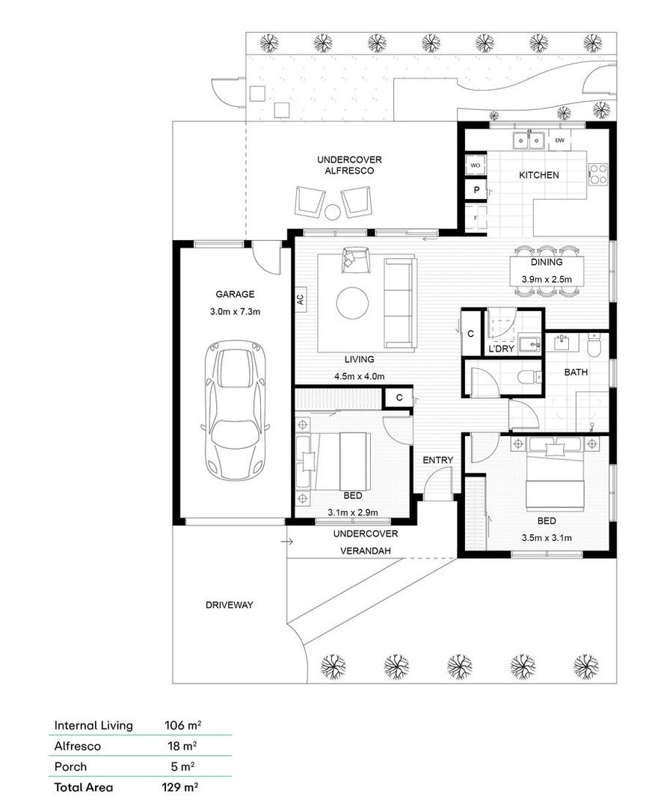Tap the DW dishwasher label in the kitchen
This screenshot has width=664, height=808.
[559, 140]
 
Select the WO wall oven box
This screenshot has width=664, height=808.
[475, 165]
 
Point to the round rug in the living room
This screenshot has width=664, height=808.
[352, 303]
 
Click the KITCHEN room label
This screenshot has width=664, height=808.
[539, 175]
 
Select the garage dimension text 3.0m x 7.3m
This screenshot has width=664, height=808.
[236, 311]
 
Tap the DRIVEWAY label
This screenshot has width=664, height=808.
[229, 605]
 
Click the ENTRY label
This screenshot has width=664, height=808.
[438, 460]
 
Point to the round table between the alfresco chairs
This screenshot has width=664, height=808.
[331, 212]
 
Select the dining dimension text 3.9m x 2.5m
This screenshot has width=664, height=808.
[547, 279]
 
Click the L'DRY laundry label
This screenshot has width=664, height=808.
[501, 349]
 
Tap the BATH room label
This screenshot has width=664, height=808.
[576, 372]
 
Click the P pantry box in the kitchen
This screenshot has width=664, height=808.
[476, 191]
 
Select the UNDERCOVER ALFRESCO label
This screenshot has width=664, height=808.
[349, 165]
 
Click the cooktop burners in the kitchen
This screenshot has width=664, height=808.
[598, 174]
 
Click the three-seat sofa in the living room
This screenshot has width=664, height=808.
[399, 303]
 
